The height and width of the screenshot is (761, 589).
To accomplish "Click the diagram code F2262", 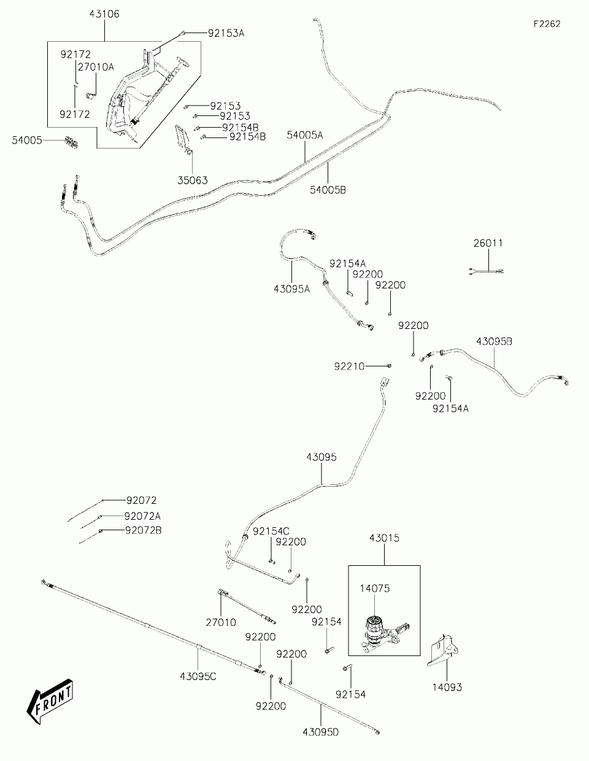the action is click(547, 24).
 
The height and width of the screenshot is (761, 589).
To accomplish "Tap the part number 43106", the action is click(104, 14).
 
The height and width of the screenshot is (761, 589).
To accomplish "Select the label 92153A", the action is click(226, 33).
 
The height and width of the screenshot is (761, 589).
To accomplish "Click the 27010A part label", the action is click(96, 67).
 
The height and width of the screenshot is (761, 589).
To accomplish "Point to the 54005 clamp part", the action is click(71, 142).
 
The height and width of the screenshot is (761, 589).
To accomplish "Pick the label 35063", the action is click(193, 180).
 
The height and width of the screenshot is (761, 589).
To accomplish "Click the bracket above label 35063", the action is click(183, 139).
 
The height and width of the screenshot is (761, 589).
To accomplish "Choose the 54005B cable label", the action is click(328, 190).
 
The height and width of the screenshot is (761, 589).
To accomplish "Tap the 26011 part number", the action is click(488, 243).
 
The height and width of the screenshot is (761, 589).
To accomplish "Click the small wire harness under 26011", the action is click(486, 271).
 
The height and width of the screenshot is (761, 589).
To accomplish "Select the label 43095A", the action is click(292, 289).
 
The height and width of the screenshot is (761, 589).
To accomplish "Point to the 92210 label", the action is click(349, 366).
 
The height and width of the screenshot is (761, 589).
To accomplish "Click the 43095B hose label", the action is click(494, 341).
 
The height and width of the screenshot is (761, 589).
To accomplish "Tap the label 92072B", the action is click(144, 530).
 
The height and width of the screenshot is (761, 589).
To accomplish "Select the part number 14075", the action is click(375, 589).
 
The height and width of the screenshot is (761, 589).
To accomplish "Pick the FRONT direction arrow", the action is click(50, 701).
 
